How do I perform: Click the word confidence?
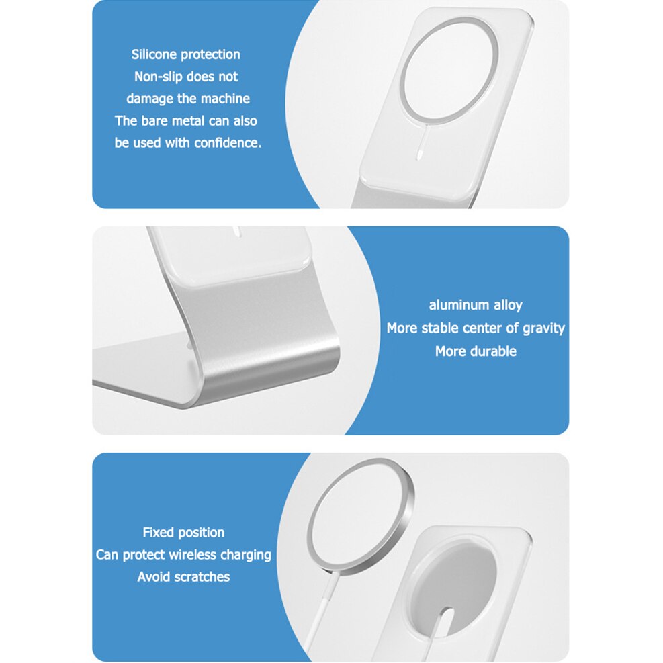coord(227,143)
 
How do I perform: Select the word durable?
coord(493,351)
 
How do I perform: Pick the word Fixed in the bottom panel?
coord(159,533)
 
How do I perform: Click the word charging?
coord(245,555)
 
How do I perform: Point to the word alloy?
coord(507,305)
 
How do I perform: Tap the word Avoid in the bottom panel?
coord(152,577)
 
